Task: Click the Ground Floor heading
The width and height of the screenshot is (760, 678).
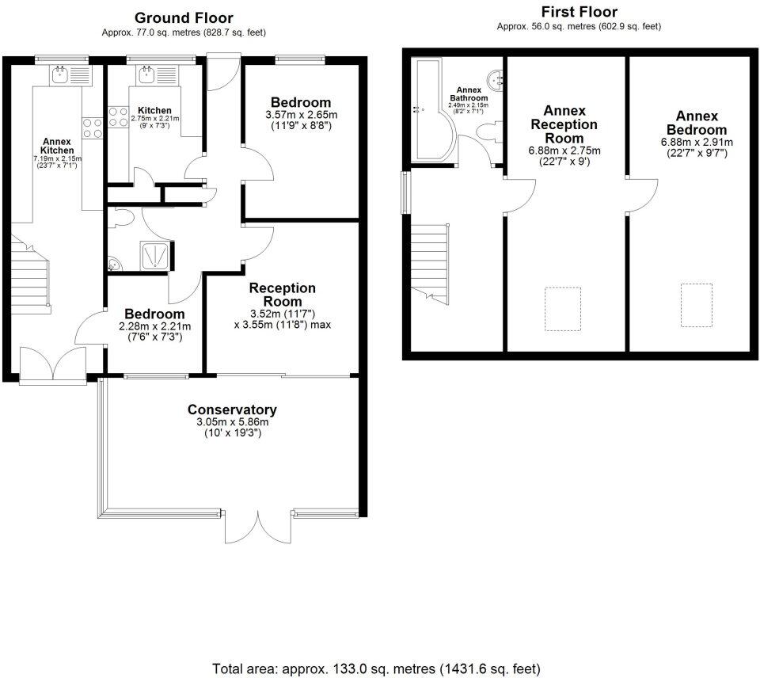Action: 184,18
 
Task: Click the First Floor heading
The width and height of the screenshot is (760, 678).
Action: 579,12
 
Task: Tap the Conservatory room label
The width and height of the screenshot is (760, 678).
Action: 232,409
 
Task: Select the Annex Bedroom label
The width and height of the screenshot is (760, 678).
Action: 697,123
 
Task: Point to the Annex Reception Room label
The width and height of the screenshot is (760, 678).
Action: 564,124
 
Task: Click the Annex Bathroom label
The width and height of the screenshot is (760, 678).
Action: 469,93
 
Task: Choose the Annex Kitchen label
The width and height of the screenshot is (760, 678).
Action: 57,146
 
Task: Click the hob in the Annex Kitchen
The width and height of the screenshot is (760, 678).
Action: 93,128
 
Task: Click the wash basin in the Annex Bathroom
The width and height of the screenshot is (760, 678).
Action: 495,80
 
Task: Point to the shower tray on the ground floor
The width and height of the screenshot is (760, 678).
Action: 155,256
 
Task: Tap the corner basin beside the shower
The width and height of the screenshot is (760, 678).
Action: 114,265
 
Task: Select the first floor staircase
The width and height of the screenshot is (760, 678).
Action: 431,264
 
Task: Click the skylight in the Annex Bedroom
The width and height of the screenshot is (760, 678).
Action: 697,306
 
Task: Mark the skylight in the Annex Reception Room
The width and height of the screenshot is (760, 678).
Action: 563,309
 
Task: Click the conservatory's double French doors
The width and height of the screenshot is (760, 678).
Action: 258,526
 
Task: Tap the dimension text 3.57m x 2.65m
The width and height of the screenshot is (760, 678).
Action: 302,115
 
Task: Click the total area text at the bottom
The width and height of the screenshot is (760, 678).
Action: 376,668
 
